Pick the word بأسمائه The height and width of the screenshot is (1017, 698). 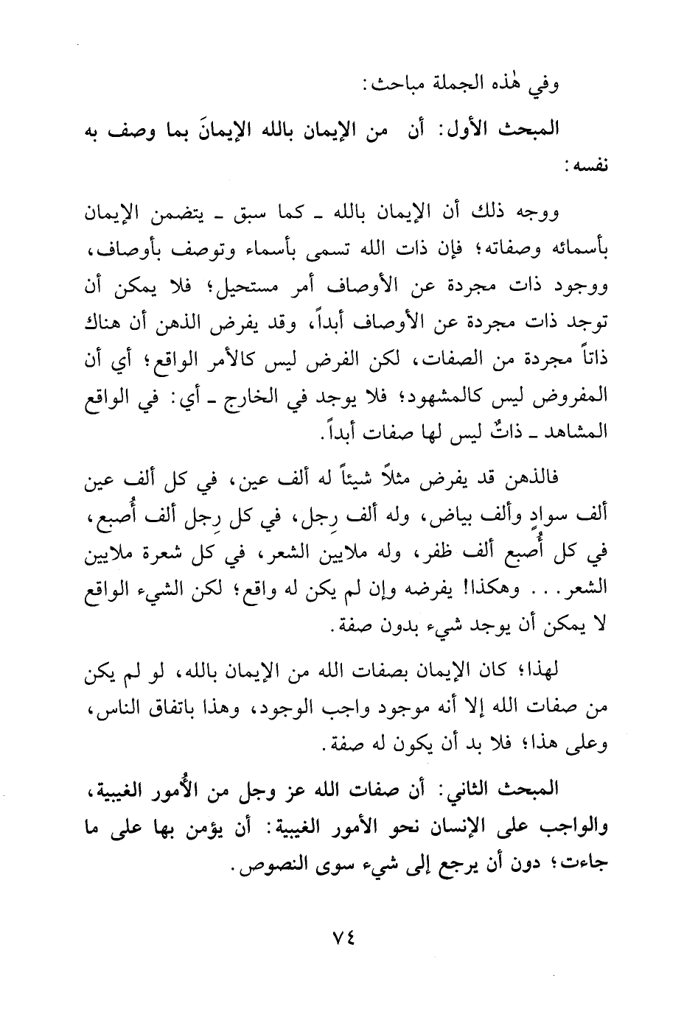click(x=581, y=253)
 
